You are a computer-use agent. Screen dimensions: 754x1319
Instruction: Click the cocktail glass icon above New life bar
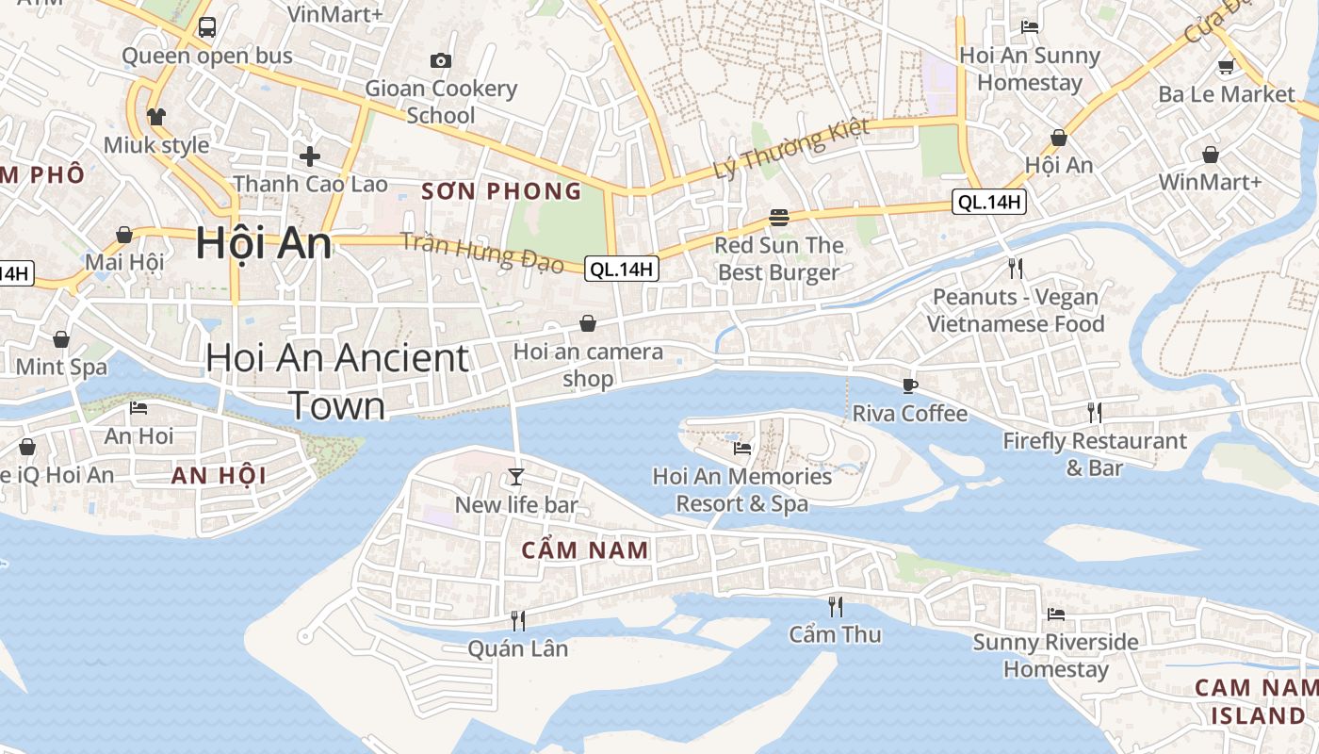(x=515, y=476)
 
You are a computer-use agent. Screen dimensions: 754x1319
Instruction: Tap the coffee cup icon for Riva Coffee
(x=909, y=385)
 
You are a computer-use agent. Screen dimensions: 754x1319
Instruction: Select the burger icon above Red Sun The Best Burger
(x=778, y=218)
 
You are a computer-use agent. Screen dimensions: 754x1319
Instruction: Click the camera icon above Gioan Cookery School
(x=440, y=61)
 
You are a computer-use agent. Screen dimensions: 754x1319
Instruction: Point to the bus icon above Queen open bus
(x=207, y=27)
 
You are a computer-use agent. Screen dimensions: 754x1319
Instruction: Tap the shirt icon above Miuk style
(x=155, y=117)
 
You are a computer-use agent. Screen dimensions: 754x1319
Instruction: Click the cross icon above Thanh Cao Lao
(x=310, y=156)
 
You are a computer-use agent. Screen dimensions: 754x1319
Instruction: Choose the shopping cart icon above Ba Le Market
(x=1226, y=66)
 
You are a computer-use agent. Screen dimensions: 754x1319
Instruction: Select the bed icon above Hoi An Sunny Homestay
(x=1030, y=27)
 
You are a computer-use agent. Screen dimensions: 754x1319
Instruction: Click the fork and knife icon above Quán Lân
(x=517, y=620)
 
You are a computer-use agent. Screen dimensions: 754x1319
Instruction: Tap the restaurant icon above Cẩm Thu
(x=835, y=606)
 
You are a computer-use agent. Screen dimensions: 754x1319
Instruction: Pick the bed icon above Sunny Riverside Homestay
(x=1055, y=615)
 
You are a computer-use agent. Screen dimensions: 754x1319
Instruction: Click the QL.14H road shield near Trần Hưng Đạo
(x=622, y=269)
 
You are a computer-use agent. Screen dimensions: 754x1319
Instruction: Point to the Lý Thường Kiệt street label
(x=791, y=149)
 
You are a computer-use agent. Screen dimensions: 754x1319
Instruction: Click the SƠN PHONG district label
(x=501, y=191)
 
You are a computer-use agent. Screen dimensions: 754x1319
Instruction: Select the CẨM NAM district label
(x=585, y=549)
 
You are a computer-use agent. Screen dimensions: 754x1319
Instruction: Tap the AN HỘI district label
(x=219, y=475)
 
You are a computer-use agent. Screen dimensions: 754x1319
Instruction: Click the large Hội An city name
(x=264, y=243)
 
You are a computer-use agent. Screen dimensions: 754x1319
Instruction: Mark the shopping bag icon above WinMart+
(x=1210, y=155)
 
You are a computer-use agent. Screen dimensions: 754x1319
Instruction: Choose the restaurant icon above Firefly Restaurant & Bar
(x=1094, y=413)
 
